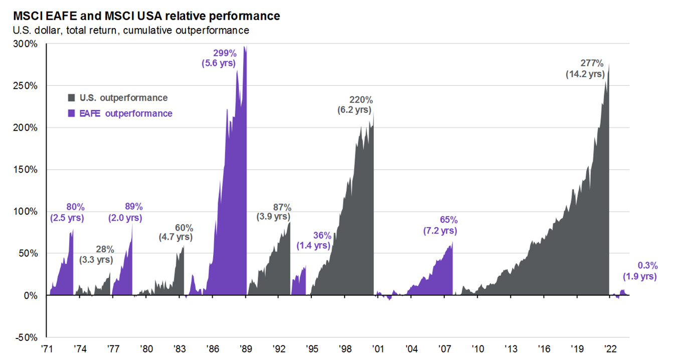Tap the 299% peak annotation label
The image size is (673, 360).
[224, 53]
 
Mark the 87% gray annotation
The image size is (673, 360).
[282, 207]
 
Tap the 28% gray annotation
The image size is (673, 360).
[105, 249]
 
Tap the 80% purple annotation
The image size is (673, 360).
[75, 207]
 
